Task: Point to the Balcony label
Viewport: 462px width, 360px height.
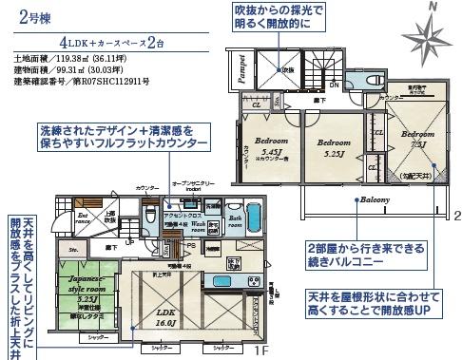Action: pyautogui.click(x=375, y=200)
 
